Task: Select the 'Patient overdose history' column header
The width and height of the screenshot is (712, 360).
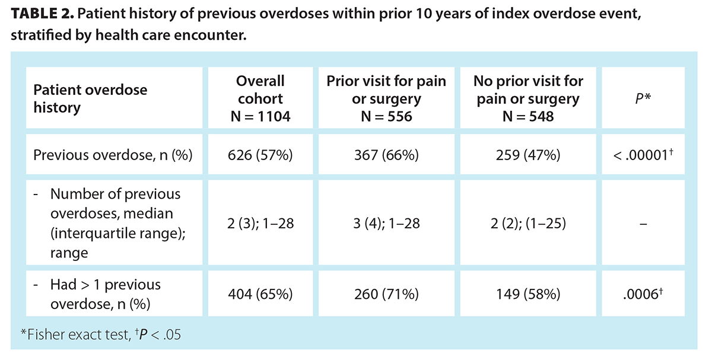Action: point(90,98)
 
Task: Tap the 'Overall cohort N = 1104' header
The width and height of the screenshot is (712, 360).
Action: point(260,98)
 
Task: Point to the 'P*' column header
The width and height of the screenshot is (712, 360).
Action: point(643,98)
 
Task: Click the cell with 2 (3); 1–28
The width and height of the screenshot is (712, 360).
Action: point(260,224)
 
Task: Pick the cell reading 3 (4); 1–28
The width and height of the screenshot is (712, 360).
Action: point(386,224)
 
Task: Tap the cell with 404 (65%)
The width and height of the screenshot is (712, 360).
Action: point(260,293)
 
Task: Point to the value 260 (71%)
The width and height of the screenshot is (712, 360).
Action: point(386,293)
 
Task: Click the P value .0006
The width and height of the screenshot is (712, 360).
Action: point(643,293)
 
